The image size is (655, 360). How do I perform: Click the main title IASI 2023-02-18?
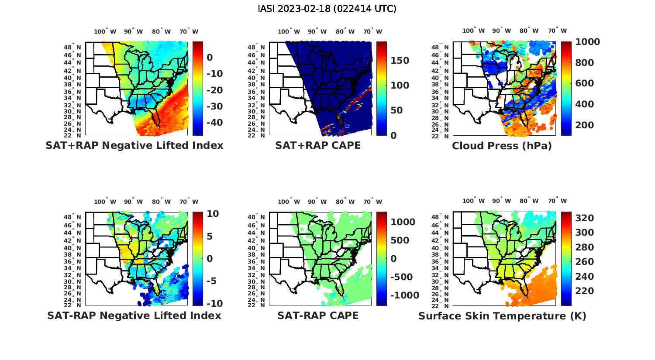pos(327,9)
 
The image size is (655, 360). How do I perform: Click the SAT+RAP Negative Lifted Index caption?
pos(134,145)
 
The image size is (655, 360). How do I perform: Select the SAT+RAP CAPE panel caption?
pos(318,145)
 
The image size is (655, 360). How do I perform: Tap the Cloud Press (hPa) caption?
pos(502,146)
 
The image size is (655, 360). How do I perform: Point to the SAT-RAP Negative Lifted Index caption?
pos(134,315)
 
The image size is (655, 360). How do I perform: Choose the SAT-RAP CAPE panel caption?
pos(318,315)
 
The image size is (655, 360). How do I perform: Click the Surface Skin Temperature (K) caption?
pos(502,315)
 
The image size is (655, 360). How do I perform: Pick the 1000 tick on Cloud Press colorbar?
pos(587,42)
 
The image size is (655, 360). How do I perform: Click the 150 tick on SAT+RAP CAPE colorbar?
pos(400,61)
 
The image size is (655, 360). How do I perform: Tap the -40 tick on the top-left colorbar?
pos(214,123)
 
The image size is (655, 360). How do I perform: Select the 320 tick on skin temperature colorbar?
pos(585,218)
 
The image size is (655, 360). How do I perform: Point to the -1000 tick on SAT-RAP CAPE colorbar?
pos(405,295)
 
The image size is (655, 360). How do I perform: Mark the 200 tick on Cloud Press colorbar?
pos(585,125)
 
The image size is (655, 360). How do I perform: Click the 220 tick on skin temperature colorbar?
pos(585,291)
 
